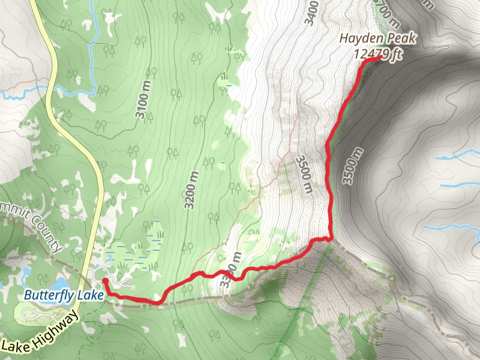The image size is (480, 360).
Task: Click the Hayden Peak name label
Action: pyautogui.click(x=377, y=39)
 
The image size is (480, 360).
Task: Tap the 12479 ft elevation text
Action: pyautogui.click(x=377, y=55)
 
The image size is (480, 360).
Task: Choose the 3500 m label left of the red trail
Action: pyautogui.click(x=304, y=175)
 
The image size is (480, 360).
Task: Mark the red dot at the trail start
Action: pyautogui.click(x=105, y=280)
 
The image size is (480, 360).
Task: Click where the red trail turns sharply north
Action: pyautogui.click(x=331, y=238)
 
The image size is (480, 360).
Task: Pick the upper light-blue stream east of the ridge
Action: pyautogui.click(x=459, y=156)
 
